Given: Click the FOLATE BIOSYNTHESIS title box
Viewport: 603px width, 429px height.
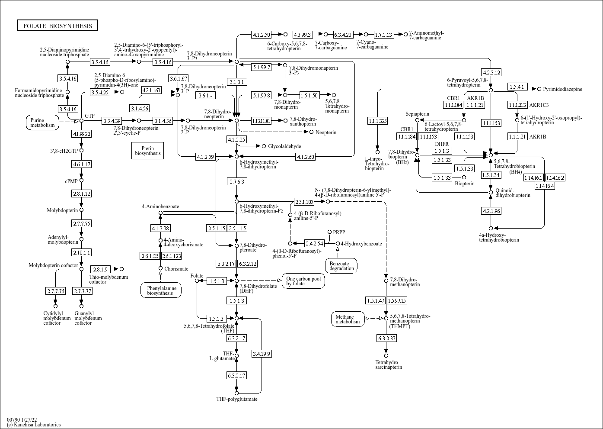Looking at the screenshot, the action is [x=57, y=26].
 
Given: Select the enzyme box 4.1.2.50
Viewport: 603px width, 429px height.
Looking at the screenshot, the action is [x=262, y=35].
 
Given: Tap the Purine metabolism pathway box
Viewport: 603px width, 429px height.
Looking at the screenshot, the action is [x=42, y=123].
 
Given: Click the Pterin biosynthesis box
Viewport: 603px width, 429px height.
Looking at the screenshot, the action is [x=147, y=151].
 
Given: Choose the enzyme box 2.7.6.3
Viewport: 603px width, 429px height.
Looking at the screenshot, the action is [x=237, y=181].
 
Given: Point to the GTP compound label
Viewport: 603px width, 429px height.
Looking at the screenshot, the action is [x=89, y=116].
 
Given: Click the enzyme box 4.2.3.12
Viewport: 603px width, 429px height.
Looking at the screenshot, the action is [x=491, y=72].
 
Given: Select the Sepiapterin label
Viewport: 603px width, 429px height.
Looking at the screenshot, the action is [x=417, y=114].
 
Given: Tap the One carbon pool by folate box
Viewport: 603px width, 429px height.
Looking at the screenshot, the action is [x=303, y=281].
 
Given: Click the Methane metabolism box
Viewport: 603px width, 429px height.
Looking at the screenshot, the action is [x=348, y=319].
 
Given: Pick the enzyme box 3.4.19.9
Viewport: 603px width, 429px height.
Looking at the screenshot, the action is [x=262, y=354].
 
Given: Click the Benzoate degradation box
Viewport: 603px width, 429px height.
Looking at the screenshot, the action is [x=341, y=266].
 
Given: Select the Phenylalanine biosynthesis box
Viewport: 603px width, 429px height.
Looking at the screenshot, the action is [x=161, y=290].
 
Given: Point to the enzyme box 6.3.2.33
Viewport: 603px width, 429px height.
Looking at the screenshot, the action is [x=386, y=338].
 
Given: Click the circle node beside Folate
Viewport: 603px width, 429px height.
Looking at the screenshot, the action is [x=197, y=281].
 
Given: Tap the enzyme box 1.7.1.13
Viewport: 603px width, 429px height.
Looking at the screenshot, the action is [x=384, y=35].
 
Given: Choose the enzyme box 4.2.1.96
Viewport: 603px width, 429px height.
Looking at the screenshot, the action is [x=491, y=211].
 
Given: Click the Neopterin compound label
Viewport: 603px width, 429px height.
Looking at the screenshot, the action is [x=326, y=132].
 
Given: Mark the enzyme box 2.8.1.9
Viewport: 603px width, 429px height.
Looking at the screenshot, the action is [x=100, y=269].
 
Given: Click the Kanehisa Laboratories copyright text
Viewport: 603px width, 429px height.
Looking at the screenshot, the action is [x=34, y=425].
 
